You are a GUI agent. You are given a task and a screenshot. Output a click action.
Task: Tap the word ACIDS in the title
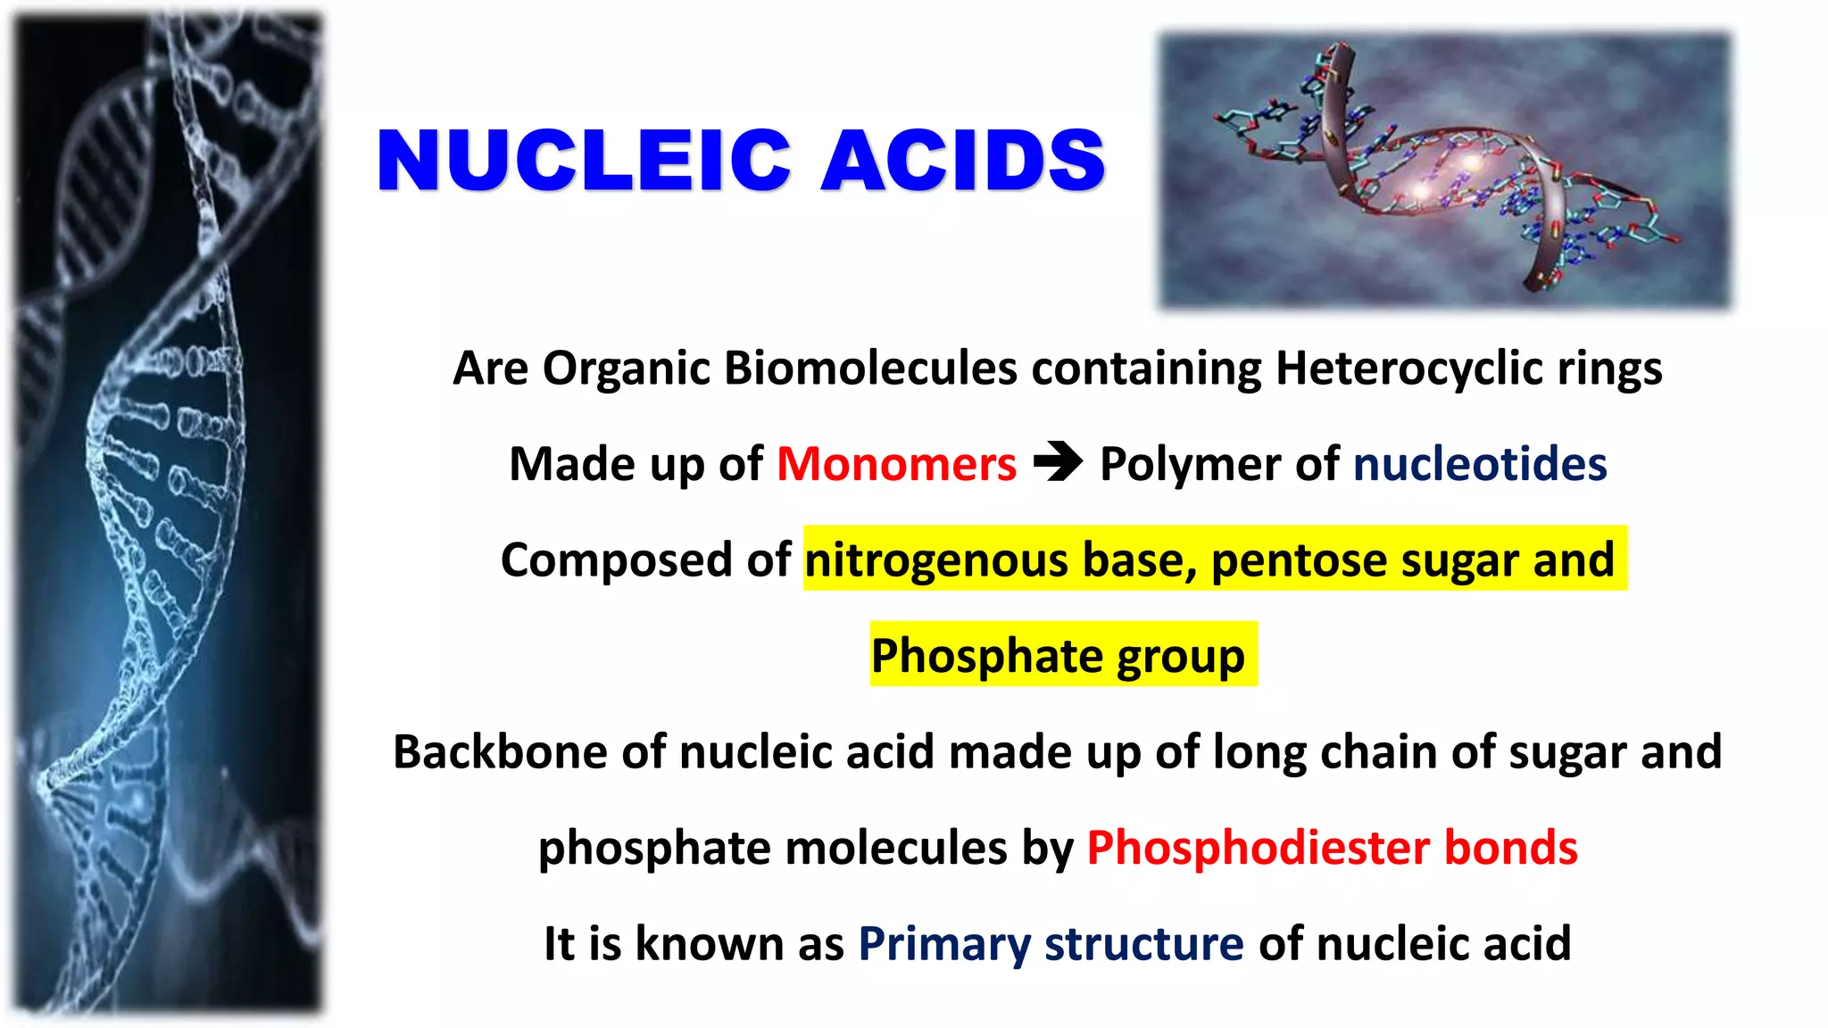click(x=963, y=161)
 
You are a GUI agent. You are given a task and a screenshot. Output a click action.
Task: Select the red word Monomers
click(x=896, y=464)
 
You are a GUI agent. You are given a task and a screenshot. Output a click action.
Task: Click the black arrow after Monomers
click(x=1058, y=462)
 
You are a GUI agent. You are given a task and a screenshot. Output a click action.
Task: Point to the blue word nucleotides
click(x=1480, y=464)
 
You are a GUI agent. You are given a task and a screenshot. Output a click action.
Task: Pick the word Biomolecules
click(x=870, y=368)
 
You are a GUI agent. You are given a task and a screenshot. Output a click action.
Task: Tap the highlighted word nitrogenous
click(x=935, y=560)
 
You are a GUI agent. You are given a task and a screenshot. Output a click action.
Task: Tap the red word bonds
click(x=1511, y=848)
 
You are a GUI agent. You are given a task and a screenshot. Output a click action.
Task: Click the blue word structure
click(x=1143, y=944)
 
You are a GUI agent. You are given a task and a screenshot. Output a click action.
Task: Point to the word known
click(x=710, y=944)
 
